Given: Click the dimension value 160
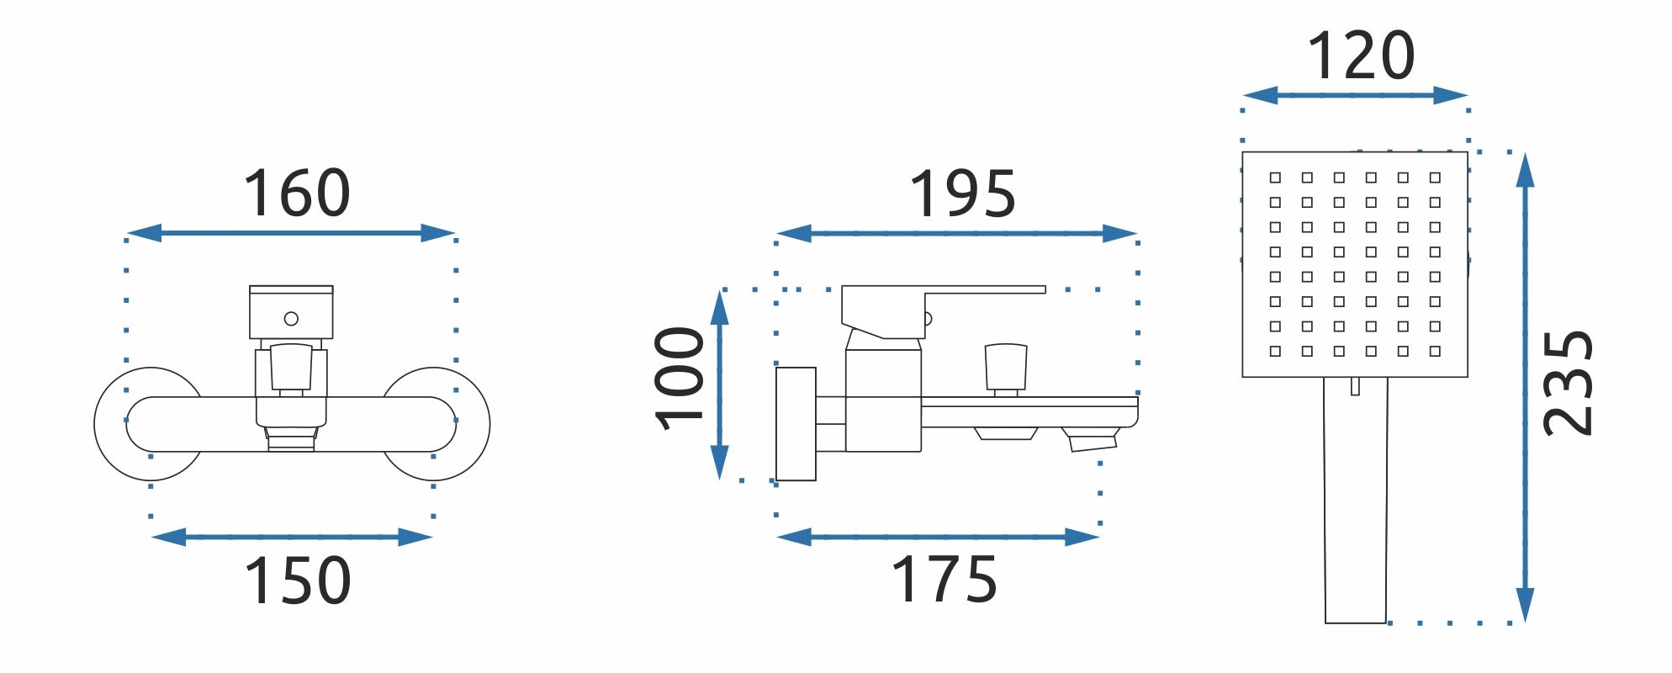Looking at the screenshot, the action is (297, 193).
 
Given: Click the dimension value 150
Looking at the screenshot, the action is (297, 580).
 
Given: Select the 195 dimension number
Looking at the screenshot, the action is (963, 193).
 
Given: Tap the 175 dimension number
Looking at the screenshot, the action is (944, 580).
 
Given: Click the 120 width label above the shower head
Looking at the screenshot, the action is (1361, 56).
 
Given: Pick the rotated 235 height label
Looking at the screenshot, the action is (1569, 383).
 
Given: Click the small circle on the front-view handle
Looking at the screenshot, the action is (291, 319).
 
